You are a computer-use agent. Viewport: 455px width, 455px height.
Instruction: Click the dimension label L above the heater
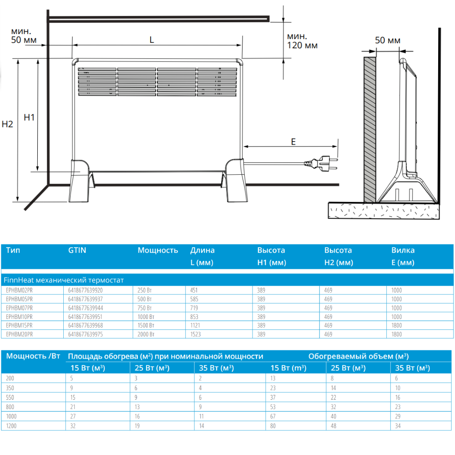pos(152,40)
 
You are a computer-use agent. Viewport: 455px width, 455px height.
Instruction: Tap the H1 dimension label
pos(29,117)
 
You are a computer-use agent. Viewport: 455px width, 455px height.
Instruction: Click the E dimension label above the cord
pos(293,142)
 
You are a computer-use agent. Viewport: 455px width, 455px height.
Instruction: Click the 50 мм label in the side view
pos(388,40)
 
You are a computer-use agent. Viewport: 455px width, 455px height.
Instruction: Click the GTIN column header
pos(77,250)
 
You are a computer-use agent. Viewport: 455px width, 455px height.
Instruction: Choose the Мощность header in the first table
pos(157,250)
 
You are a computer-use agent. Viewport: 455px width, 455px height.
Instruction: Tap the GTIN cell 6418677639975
pos(85,334)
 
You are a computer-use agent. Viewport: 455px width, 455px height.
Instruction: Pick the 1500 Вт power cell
pos(146,325)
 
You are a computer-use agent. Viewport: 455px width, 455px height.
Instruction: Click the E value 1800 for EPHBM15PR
pos(396,325)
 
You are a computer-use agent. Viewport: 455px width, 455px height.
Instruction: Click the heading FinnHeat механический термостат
pos(63,280)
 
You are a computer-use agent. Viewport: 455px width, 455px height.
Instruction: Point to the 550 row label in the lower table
pos(10,397)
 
